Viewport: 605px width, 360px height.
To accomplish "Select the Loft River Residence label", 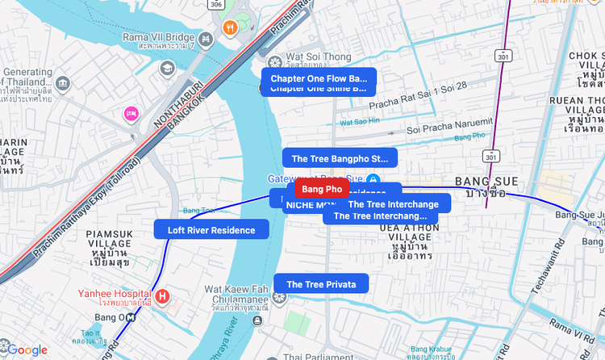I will pos(211,230).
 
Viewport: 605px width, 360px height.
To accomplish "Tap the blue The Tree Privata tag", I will pos(321,284).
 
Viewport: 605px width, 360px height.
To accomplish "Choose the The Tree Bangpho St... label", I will pos(340,158).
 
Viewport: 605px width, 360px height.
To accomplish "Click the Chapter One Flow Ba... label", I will pos(318,78).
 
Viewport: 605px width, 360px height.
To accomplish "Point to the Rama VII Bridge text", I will pos(159,37).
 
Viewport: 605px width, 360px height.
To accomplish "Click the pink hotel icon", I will pos(131,114).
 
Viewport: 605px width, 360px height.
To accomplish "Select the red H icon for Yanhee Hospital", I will pos(163,296).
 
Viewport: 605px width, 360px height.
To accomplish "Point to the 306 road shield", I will pos(215,4).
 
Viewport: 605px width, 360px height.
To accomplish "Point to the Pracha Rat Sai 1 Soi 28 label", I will pos(418,106).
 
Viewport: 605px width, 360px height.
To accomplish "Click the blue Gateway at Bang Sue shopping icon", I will pos(373,178).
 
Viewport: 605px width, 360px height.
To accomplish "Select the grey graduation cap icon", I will pos(167,68).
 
